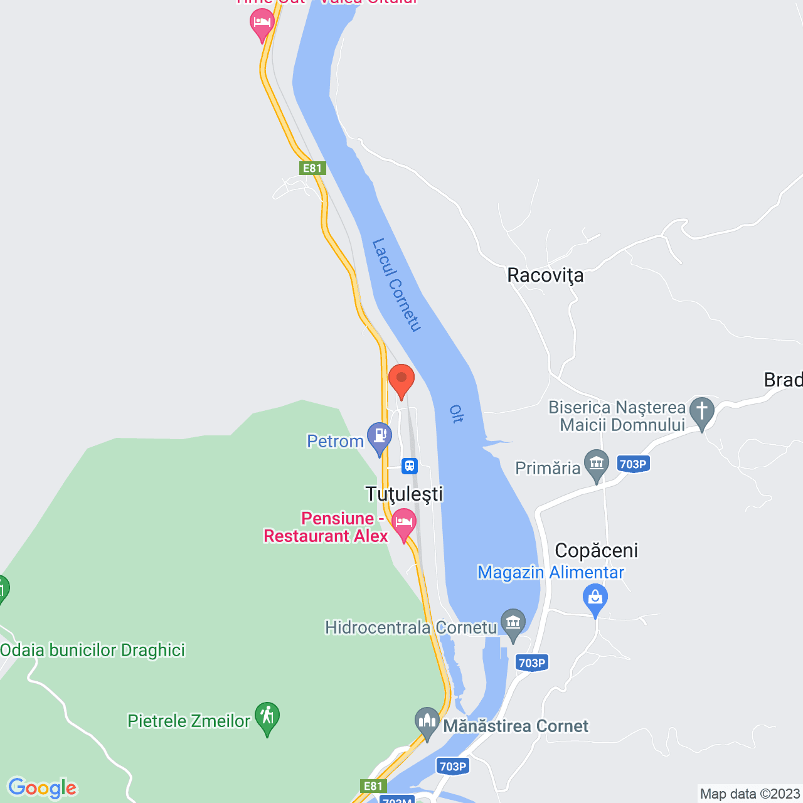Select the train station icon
click(x=410, y=466)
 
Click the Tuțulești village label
click(x=405, y=494)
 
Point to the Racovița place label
click(x=545, y=275)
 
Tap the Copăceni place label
click(x=596, y=551)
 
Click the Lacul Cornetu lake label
click(x=396, y=284)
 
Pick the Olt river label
click(x=456, y=414)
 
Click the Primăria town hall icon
click(x=596, y=464)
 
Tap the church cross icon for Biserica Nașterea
click(x=701, y=412)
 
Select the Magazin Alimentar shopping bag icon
click(x=595, y=597)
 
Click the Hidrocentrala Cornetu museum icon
click(x=513, y=623)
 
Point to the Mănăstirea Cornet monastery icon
click(x=427, y=722)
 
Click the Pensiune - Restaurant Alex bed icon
click(x=404, y=522)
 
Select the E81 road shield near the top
click(x=312, y=168)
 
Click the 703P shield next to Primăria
click(x=632, y=464)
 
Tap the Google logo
click(x=43, y=788)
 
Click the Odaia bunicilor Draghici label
click(x=93, y=650)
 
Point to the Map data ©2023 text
click(x=750, y=794)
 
